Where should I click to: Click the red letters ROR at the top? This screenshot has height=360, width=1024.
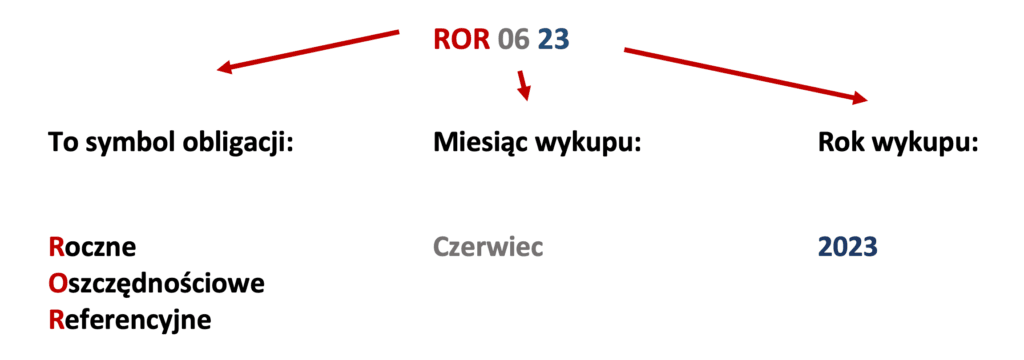click(x=461, y=40)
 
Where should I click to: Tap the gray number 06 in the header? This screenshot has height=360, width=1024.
click(x=514, y=40)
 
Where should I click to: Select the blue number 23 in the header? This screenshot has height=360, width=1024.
click(x=556, y=40)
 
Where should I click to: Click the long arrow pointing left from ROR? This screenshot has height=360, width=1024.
click(x=310, y=51)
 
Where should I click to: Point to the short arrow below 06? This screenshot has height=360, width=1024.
click(x=521, y=84)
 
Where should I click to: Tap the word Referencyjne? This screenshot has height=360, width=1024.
click(x=131, y=321)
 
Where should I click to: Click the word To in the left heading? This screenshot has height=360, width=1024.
click(x=62, y=143)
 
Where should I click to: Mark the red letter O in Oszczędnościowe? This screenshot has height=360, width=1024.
click(x=57, y=284)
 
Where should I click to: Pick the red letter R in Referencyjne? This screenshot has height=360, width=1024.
click(x=56, y=321)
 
